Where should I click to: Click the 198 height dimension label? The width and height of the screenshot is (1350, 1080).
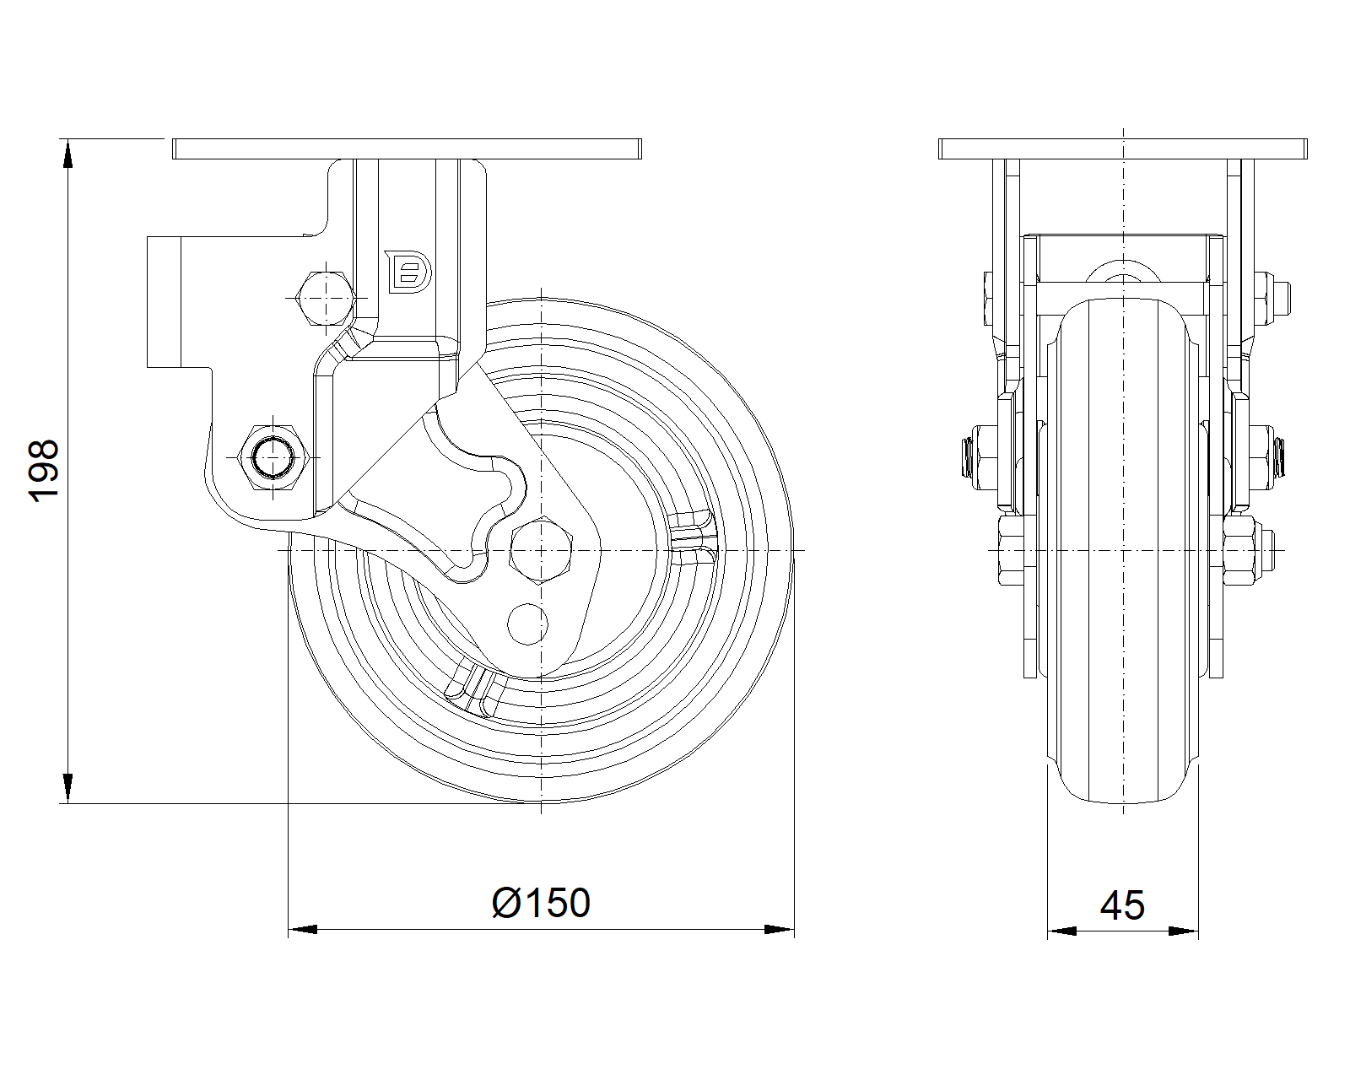(x=44, y=471)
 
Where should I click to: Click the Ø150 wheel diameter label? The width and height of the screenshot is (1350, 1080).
(x=541, y=903)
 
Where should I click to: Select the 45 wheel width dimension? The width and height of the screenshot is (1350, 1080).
(x=1122, y=905)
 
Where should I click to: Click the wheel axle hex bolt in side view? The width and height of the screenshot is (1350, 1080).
(x=540, y=551)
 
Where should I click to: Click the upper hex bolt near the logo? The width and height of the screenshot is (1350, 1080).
(x=325, y=297)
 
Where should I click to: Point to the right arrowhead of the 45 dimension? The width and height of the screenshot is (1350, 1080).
(x=1185, y=931)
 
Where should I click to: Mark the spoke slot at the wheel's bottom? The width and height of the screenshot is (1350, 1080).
(x=475, y=685)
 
